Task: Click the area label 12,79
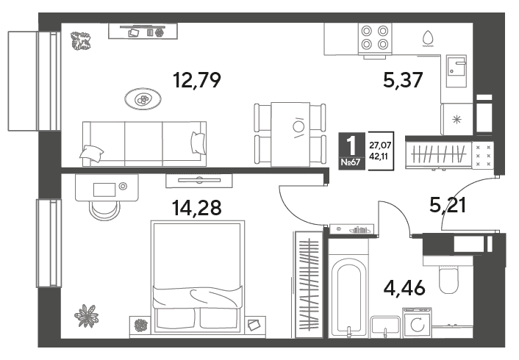pyautogui.click(x=197, y=80)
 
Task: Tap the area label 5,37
pyautogui.click(x=403, y=80)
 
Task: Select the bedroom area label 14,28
pyautogui.click(x=196, y=208)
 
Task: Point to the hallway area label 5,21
pyautogui.click(x=448, y=205)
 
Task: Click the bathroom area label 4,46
pyautogui.click(x=404, y=287)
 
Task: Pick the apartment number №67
pyautogui.click(x=351, y=162)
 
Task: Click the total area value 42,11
pyautogui.click(x=380, y=156)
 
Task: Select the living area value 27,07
pyautogui.click(x=380, y=145)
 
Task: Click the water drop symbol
pyautogui.click(x=428, y=38)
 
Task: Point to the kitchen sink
pyautogui.click(x=456, y=71)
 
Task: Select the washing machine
pyautogui.click(x=417, y=323)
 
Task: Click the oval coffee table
pyautogui.click(x=143, y=99)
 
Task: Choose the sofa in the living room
pyautogui.click(x=144, y=143)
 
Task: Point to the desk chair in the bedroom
pyautogui.click(x=104, y=210)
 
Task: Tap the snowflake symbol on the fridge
pyautogui.click(x=457, y=119)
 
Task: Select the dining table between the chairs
pyautogui.click(x=290, y=134)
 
